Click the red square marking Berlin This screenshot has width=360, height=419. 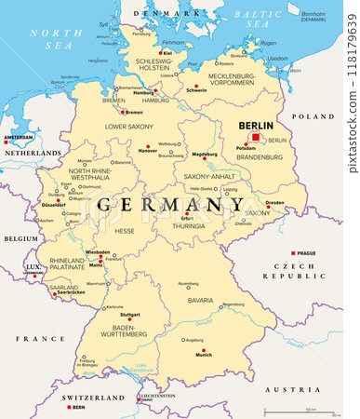(x=255, y=136)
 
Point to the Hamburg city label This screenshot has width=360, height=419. (x=142, y=93)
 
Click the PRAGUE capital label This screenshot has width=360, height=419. (x=307, y=253)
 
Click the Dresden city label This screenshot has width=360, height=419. (x=274, y=202)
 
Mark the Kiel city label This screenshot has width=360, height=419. (x=167, y=53)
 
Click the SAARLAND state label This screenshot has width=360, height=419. (x=64, y=287)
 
